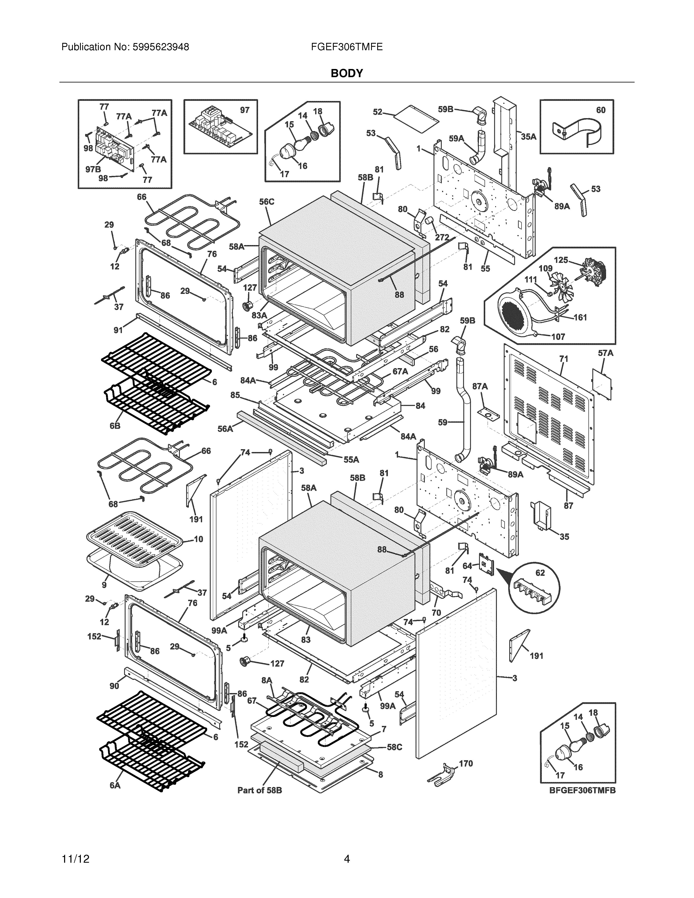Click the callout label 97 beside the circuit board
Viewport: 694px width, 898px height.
[245, 110]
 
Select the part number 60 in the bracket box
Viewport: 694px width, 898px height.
[601, 110]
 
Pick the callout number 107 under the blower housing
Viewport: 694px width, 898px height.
[558, 337]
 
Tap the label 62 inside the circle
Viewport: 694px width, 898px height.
[540, 573]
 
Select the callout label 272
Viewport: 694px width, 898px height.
[442, 238]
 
